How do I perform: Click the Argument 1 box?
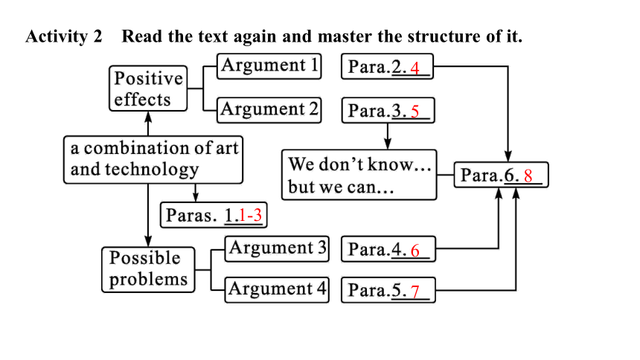pos(269,66)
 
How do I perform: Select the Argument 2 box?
pos(269,110)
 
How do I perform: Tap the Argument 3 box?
pos(277,248)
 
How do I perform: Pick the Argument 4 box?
pos(277,290)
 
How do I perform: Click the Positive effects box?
pos(148,89)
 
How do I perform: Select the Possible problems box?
pos(148,270)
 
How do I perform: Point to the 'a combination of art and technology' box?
pos(153,160)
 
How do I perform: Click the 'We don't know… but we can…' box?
pos(359,175)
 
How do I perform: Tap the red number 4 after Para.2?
pos(415,68)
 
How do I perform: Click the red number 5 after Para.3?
pos(415,112)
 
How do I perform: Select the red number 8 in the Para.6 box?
pos(528,176)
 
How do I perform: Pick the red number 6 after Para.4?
pos(415,251)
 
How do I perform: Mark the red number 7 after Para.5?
pos(415,292)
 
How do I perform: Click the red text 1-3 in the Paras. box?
pos(250,215)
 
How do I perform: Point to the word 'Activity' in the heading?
pos(57,36)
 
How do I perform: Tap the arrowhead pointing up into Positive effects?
pos(148,116)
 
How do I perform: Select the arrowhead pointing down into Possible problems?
pos(148,241)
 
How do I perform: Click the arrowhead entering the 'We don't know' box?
pos(387,144)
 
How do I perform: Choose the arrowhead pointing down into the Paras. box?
pos(196,197)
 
